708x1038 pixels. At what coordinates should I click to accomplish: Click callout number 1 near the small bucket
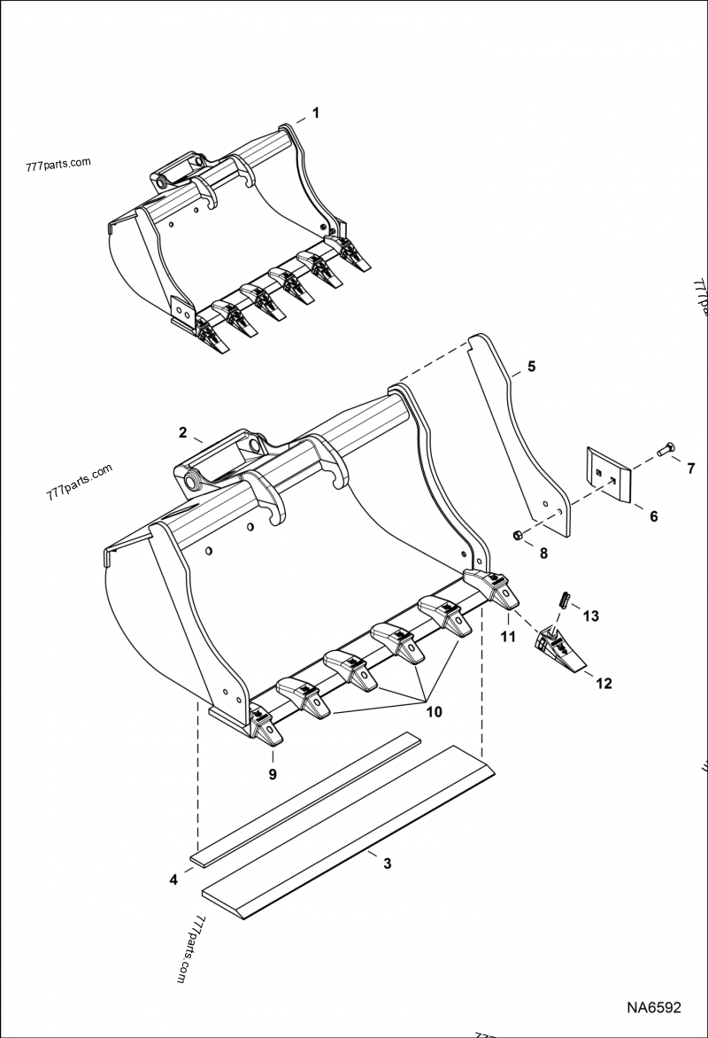(x=315, y=112)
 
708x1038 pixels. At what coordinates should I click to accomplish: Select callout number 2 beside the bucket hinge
(x=182, y=433)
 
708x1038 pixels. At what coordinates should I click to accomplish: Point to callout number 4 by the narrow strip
(x=173, y=879)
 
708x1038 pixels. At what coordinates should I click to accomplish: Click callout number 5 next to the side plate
(x=531, y=366)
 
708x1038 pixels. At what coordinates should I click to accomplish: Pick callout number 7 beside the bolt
(x=691, y=468)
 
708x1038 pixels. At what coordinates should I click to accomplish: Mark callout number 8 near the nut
(x=543, y=554)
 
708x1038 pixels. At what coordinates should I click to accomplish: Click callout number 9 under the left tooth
(x=273, y=774)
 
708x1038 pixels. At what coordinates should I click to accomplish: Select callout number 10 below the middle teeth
(x=435, y=710)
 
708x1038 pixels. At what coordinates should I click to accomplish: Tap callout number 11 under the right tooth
(x=510, y=636)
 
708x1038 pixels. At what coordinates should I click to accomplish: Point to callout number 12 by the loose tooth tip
(x=603, y=684)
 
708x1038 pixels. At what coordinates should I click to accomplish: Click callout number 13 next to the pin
(x=591, y=615)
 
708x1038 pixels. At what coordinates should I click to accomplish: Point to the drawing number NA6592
(x=654, y=1007)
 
